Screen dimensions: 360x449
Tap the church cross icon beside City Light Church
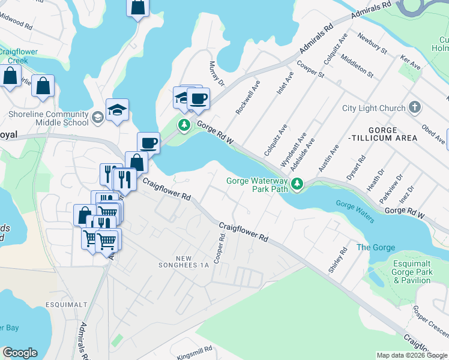click(x=414, y=108)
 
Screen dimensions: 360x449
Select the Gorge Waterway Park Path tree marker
click(x=296, y=187)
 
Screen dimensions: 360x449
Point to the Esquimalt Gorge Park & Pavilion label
click(x=412, y=272)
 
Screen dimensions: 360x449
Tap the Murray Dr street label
click(x=216, y=73)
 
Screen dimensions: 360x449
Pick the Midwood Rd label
click(x=16, y=22)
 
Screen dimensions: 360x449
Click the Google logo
click(x=20, y=353)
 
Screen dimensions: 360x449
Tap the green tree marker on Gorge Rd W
click(x=184, y=125)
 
